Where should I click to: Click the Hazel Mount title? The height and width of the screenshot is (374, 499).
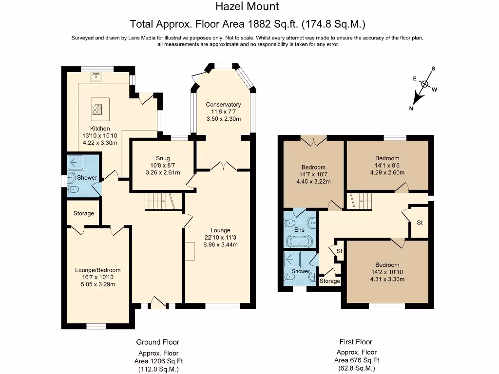coord(247,6)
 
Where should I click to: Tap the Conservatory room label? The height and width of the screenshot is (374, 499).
coord(223,104)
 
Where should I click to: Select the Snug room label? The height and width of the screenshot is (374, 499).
coord(163,158)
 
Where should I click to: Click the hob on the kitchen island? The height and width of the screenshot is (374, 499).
coord(97,109)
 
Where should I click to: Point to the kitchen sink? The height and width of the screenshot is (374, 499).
coord(96,76)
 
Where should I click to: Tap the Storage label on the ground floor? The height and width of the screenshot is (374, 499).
coord(84,213)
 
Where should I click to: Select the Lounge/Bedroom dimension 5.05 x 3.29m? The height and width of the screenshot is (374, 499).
coord(98,284)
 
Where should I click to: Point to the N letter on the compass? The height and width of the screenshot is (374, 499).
coord(411,109)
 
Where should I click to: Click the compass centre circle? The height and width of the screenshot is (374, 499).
coord(425,84)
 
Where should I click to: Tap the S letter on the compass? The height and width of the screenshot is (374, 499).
coord(433,69)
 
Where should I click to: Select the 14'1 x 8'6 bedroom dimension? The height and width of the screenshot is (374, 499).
coord(387,166)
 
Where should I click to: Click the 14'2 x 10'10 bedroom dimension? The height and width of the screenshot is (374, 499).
coord(387,272)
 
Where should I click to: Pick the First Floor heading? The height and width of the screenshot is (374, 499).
coord(356,342)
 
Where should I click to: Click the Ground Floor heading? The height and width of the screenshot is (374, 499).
coord(157,342)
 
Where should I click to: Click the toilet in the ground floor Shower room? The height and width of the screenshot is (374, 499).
coord(73,189)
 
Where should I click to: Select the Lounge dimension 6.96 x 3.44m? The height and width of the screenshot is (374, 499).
coord(221,244)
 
